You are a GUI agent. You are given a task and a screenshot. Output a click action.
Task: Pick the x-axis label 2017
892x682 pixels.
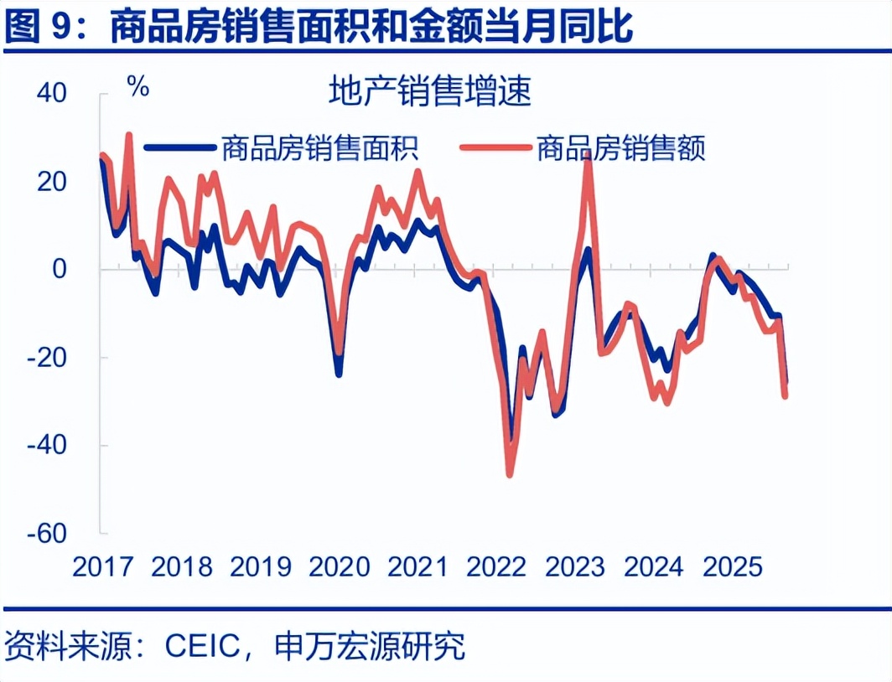click(102, 566)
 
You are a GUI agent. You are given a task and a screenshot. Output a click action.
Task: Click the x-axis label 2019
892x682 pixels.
click(260, 566)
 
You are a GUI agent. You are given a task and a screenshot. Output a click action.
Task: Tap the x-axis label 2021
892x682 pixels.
click(417, 566)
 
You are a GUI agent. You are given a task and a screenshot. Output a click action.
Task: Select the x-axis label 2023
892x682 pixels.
click(575, 566)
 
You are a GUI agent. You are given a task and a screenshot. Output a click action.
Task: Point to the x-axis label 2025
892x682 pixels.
click(733, 566)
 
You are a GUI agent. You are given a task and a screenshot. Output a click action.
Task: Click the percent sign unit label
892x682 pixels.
click(138, 86)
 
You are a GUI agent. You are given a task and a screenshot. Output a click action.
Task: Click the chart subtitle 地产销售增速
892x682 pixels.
click(430, 91)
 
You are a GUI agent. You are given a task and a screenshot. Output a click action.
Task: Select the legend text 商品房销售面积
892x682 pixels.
click(319, 148)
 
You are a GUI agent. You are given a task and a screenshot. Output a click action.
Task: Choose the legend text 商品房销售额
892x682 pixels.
click(620, 148)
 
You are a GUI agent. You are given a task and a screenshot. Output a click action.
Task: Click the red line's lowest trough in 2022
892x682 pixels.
click(509, 475)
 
